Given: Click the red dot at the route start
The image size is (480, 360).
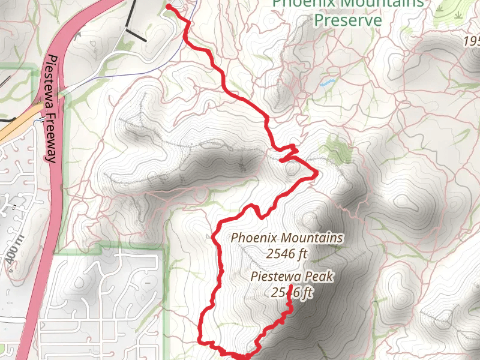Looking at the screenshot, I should (169, 7).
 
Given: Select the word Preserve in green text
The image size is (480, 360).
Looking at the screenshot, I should (348, 20).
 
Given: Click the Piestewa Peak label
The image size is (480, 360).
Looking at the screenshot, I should (293, 277).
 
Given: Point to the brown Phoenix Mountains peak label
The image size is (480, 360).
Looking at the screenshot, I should (287, 238).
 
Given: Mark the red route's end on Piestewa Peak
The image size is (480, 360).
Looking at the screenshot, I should (290, 289).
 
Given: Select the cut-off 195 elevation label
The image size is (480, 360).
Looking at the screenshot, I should (471, 41).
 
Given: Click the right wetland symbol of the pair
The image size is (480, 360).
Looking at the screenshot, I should (458, 13).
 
